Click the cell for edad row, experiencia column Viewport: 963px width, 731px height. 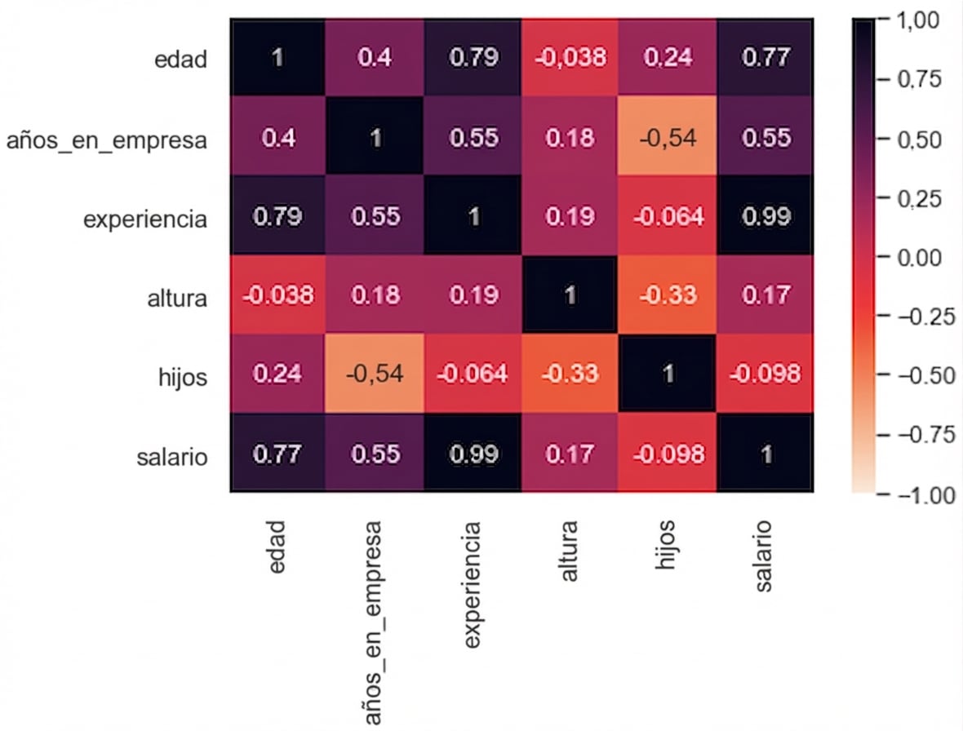tap(473, 58)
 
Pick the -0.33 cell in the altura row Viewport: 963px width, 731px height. tap(668, 295)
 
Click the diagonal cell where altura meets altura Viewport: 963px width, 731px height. tap(570, 295)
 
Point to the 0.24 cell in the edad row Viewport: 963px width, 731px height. tap(668, 58)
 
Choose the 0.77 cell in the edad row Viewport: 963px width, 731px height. tap(765, 58)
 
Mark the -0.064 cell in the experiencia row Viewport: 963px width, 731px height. tap(668, 216)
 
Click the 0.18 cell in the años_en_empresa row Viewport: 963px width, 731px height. tap(570, 137)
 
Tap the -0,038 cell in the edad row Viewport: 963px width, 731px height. tap(570, 58)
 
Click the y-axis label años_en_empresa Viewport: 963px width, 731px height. tap(105, 140)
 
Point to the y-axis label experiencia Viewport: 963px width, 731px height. tap(145, 219)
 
